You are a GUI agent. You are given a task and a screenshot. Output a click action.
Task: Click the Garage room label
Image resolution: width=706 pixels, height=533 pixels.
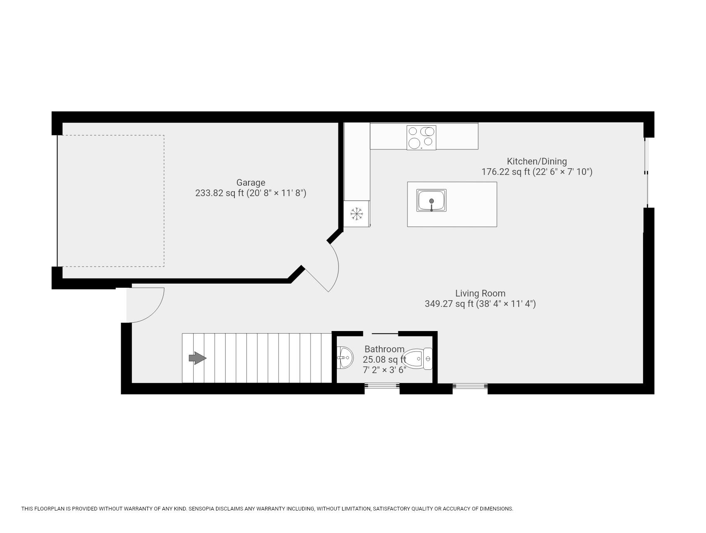click(251, 182)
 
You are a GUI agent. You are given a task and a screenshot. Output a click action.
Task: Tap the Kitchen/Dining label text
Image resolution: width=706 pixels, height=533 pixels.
click(537, 161)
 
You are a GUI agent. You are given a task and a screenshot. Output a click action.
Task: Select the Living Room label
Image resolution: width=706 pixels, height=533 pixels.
click(480, 293)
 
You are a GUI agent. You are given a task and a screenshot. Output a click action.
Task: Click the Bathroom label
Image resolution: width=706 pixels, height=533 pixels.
click(384, 349)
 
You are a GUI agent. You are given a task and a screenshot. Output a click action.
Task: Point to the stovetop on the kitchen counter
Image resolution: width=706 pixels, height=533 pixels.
click(421, 137)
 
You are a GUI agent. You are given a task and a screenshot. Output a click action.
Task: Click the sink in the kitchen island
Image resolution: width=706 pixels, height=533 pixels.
click(431, 200)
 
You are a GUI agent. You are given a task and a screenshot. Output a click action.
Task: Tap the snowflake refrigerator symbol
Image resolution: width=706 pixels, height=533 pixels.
click(356, 214)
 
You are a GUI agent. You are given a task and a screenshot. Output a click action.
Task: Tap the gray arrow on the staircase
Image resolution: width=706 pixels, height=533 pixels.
click(197, 358)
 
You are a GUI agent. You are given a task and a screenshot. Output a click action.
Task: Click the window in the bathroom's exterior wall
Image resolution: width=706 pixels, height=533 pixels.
click(382, 386)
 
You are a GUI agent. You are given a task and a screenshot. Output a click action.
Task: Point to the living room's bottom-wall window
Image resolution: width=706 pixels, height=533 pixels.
click(470, 386)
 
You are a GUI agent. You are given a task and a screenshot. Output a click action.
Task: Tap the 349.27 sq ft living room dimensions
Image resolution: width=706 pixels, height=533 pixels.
click(480, 304)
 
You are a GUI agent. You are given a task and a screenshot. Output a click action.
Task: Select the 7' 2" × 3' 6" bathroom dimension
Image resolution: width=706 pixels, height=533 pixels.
click(384, 370)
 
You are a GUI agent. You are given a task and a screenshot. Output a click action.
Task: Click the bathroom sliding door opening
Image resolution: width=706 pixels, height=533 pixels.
click(380, 334)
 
